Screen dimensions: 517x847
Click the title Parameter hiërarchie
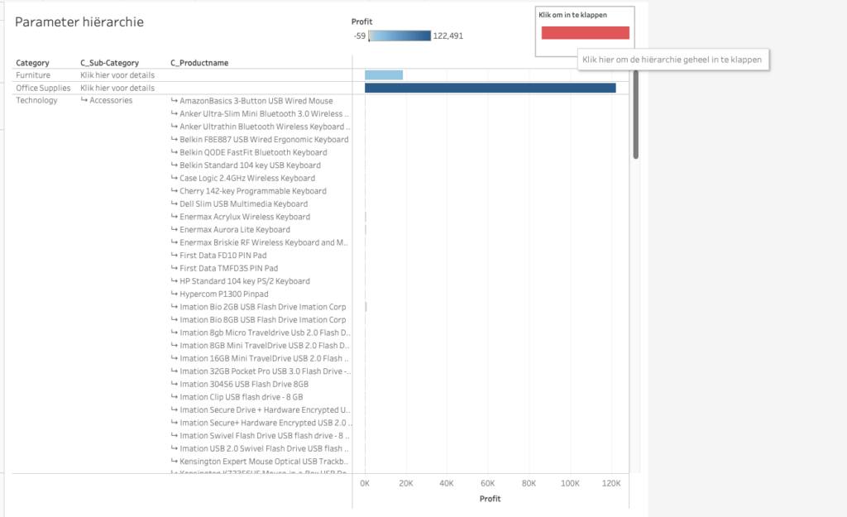point(79,22)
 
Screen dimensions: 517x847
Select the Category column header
point(32,63)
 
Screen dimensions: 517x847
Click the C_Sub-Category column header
point(109,63)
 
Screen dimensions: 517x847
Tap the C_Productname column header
point(199,63)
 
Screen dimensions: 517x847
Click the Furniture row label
point(33,75)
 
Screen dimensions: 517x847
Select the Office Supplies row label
point(43,88)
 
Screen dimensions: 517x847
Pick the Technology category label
point(37,101)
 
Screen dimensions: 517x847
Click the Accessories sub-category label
point(110,101)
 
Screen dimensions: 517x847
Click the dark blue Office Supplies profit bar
point(490,88)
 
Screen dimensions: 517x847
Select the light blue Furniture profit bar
point(383,75)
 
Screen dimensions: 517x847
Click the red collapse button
point(585,33)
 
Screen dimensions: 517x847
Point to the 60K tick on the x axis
point(488,482)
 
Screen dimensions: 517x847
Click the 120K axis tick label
point(610,482)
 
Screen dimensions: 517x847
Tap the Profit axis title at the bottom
point(490,499)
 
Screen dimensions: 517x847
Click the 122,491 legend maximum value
point(447,36)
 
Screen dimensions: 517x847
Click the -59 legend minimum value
point(359,36)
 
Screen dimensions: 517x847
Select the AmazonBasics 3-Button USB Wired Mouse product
point(256,101)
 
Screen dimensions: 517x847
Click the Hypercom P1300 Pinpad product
point(223,294)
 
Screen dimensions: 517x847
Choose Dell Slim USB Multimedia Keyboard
point(243,203)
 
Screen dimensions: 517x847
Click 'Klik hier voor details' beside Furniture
point(117,75)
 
